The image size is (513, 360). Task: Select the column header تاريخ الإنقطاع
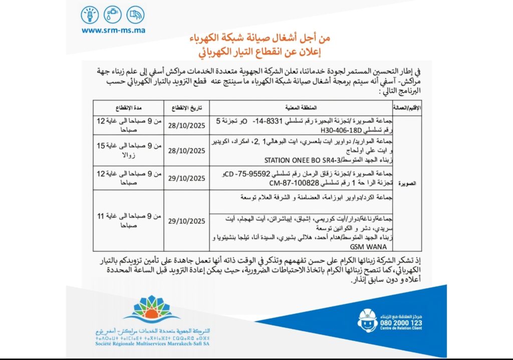pos(185,107)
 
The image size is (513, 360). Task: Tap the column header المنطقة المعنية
pos(300,107)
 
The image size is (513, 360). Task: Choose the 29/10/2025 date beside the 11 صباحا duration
pos(185,221)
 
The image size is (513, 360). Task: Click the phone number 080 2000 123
pos(402,323)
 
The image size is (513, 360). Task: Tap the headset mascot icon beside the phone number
pos(368,320)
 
